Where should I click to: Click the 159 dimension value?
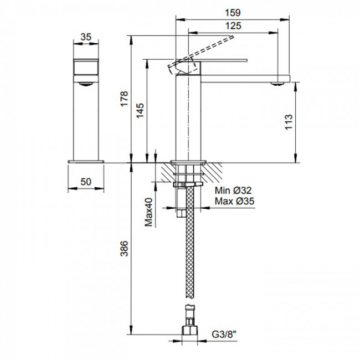pos(233,13)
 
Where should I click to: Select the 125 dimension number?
pos(233,25)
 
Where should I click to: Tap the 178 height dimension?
pos(125,99)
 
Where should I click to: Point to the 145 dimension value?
pos(140,110)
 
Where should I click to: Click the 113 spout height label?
pos(289,122)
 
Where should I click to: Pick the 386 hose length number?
pos(125,249)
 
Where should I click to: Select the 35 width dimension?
pos(86,37)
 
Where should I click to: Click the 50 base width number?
pos(86,182)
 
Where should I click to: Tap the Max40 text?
pos(148,212)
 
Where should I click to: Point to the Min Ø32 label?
pos(233,191)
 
